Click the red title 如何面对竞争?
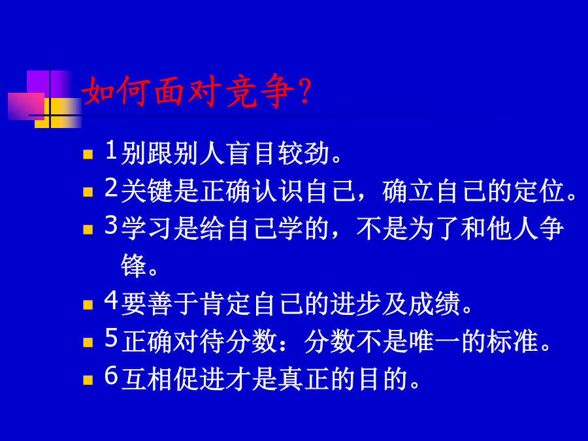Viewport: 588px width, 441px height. [x=196, y=91]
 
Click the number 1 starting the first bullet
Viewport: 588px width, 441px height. [x=111, y=150]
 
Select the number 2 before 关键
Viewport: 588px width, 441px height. [x=111, y=188]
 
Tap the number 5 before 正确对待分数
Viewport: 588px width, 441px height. [x=111, y=338]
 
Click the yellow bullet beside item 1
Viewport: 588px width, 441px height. [x=88, y=154]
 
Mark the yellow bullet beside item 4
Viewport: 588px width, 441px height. [x=88, y=304]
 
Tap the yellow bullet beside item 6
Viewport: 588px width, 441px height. [x=88, y=380]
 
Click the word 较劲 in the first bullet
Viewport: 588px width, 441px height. [x=304, y=154]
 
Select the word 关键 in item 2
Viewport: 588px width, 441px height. [x=146, y=191]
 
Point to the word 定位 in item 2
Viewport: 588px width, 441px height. [x=539, y=191]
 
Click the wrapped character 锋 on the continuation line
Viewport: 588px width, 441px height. [x=133, y=266]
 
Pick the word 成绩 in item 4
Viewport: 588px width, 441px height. [x=434, y=303]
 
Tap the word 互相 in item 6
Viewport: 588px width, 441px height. [x=146, y=378]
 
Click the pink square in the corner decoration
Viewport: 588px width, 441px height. [x=26, y=106]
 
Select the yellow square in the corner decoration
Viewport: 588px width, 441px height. [x=59, y=113]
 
